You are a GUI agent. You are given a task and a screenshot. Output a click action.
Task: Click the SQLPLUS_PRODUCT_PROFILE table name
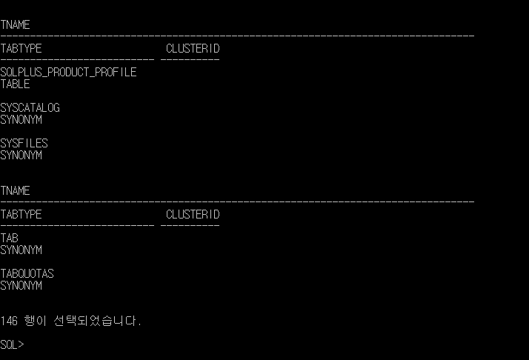point(68,73)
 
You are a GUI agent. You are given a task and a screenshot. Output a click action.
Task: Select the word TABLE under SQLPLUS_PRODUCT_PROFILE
point(15,84)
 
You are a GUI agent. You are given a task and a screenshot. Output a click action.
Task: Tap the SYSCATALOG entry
point(30,108)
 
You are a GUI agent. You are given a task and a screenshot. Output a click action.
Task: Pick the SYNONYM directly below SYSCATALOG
point(21,120)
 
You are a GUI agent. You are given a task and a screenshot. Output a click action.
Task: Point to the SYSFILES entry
point(24,144)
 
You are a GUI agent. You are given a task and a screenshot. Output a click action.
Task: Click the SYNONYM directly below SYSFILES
point(21,156)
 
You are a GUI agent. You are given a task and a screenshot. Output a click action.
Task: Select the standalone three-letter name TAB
point(9,239)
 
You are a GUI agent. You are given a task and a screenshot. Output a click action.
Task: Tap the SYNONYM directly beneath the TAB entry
point(21,250)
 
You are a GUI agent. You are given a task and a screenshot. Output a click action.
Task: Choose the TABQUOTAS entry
point(27,274)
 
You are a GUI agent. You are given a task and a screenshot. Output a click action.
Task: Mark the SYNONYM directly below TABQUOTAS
point(21,286)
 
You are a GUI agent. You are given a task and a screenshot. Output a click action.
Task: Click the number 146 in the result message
point(9,321)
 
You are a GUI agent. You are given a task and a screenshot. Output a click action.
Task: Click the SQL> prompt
point(12,345)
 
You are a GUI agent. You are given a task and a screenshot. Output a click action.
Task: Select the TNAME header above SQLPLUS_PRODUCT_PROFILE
point(15,25)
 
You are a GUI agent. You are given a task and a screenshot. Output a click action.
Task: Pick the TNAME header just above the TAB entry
point(15,191)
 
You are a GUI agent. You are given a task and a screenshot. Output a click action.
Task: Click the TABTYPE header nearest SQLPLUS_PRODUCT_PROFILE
point(21,49)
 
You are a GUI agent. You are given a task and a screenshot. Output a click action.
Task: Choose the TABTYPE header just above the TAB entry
point(21,215)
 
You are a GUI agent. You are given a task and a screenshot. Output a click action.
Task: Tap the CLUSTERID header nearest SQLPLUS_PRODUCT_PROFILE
point(193,49)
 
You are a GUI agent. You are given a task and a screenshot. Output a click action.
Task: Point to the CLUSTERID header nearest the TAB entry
point(193,215)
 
